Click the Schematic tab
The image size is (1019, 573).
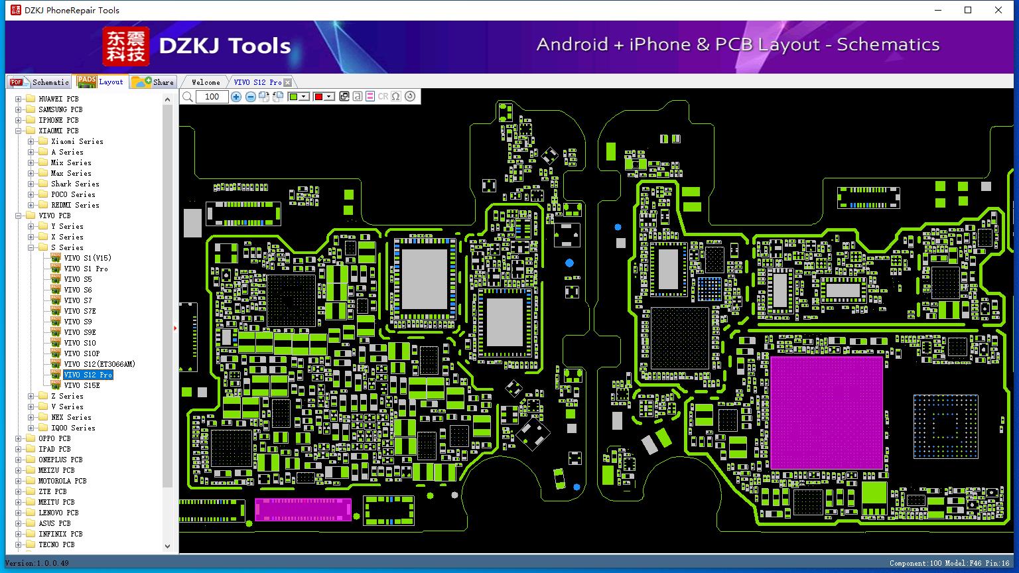(x=40, y=82)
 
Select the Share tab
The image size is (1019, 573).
(x=153, y=82)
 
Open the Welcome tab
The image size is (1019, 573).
(x=206, y=82)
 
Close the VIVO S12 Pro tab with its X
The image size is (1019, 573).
(x=287, y=82)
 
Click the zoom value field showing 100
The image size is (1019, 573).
(x=212, y=96)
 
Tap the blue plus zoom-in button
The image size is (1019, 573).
(x=236, y=96)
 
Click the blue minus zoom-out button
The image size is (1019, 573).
(x=250, y=96)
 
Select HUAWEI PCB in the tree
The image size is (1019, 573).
(x=58, y=99)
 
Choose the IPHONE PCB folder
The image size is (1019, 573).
(x=58, y=120)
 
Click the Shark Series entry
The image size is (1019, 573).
(x=75, y=184)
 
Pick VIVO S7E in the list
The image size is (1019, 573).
(x=80, y=311)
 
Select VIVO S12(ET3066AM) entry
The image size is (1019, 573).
(x=99, y=364)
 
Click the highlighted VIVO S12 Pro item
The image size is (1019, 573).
(x=88, y=375)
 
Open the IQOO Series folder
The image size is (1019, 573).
(x=73, y=428)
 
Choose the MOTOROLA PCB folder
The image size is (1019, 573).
(x=62, y=481)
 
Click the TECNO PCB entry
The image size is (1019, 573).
(x=56, y=544)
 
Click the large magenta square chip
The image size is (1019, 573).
(x=827, y=413)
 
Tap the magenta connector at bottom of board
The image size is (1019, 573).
(x=303, y=509)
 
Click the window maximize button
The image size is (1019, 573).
(x=968, y=10)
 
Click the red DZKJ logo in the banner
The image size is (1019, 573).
(x=125, y=46)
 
